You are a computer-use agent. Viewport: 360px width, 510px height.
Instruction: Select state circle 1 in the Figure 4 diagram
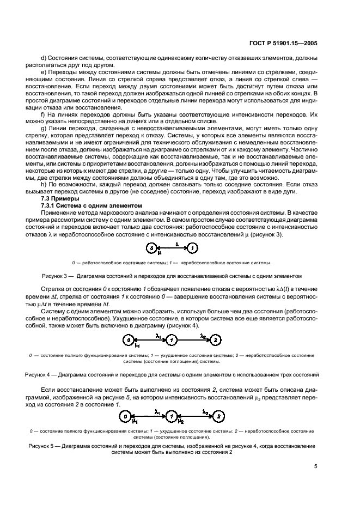(x=172, y=340)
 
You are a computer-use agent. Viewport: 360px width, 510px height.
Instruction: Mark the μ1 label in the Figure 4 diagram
(x=138, y=345)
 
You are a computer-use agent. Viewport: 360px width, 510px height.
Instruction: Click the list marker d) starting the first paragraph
(x=44, y=58)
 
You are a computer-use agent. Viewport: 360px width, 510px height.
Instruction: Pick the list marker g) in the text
(x=44, y=128)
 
